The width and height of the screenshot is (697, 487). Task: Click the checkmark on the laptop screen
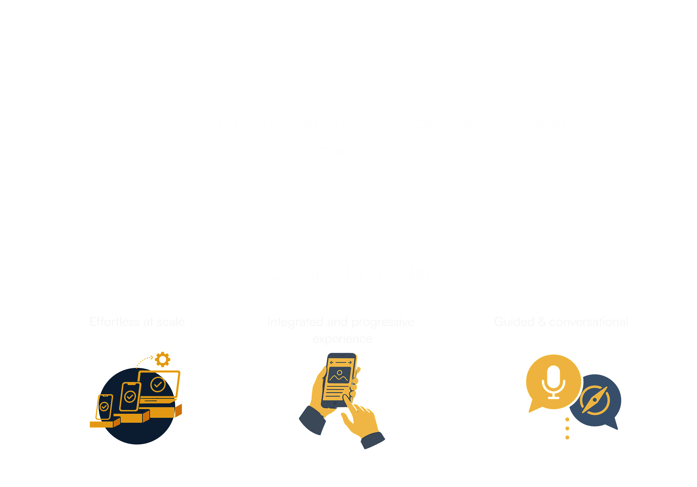pyautogui.click(x=158, y=384)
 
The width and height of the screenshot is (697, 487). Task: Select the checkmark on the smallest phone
pyautogui.click(x=104, y=406)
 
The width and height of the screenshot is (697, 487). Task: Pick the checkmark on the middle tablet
pyautogui.click(x=130, y=396)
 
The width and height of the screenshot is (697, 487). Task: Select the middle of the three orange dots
pyautogui.click(x=567, y=428)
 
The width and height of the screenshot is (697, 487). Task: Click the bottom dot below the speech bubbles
pyautogui.click(x=567, y=437)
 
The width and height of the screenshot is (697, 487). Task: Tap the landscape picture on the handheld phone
pyautogui.click(x=339, y=375)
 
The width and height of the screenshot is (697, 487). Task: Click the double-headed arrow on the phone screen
pyautogui.click(x=341, y=362)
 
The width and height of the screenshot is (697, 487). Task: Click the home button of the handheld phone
pyautogui.click(x=335, y=404)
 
